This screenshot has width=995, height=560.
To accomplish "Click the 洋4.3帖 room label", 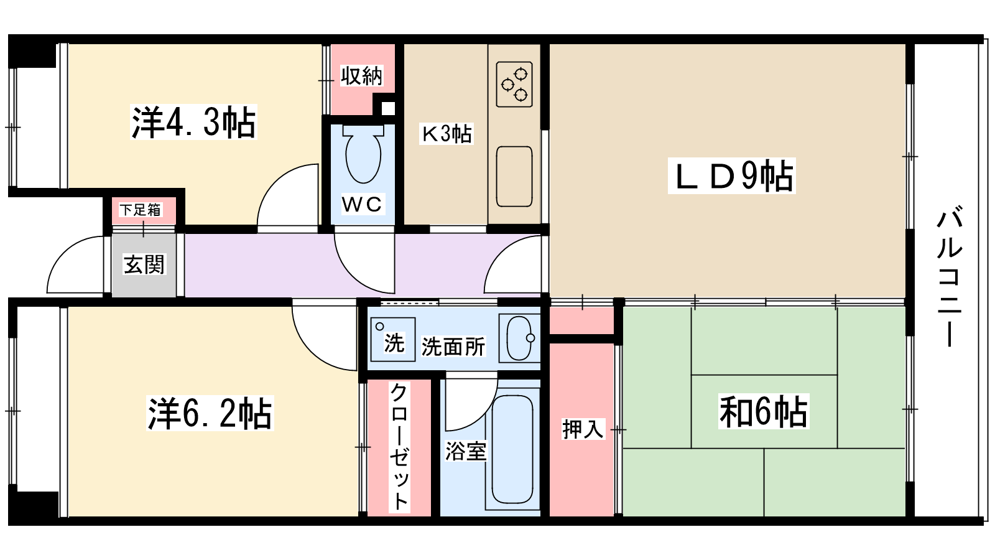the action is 193,122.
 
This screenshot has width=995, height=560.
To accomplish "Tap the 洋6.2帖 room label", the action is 210,413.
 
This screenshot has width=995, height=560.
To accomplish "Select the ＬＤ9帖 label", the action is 731,176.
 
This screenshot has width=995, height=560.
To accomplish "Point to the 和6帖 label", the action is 764,411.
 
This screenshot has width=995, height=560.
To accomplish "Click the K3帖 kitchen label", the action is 447,133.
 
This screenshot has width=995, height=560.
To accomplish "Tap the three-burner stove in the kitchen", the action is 514,85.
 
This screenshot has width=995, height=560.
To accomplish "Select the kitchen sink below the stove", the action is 514,177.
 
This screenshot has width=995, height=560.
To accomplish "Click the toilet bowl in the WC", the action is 363,153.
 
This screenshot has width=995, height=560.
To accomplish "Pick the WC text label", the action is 362,204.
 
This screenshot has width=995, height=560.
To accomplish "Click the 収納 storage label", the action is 361,76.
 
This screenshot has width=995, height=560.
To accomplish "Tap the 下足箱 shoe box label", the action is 141,210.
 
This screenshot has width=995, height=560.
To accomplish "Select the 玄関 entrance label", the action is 144,264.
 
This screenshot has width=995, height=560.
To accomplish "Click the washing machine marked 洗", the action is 392,340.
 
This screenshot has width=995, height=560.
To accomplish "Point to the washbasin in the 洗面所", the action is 519,338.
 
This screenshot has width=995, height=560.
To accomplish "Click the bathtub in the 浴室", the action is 512,449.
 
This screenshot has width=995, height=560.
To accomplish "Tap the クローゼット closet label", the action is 399,447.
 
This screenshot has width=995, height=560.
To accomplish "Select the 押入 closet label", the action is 583,429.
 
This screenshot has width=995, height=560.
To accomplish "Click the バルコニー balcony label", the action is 949,276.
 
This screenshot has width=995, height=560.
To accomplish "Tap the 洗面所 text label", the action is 453,347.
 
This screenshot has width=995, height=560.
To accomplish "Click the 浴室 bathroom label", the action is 466,451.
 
